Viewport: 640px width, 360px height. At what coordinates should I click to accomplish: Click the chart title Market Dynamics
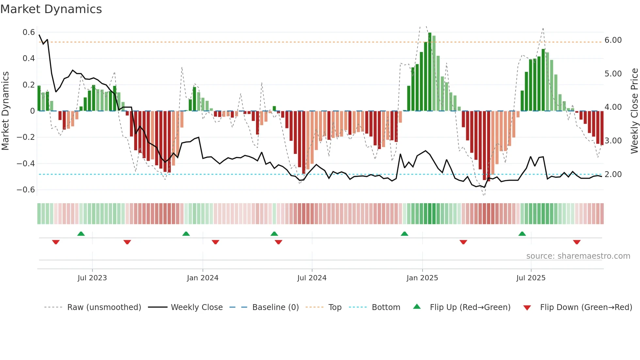[x=51, y=9]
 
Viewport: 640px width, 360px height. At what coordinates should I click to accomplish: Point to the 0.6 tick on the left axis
[x=29, y=32]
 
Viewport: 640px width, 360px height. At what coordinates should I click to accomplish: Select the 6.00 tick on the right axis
[x=613, y=40]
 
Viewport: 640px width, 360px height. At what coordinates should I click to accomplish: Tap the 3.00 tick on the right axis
[x=613, y=141]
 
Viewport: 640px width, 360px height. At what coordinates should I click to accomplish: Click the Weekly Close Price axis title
[x=634, y=111]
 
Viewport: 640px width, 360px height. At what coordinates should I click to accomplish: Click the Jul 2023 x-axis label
[x=92, y=278]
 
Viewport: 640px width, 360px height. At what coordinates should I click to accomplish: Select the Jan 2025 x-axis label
[x=422, y=278]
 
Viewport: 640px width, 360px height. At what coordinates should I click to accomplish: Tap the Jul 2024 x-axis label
[x=312, y=278]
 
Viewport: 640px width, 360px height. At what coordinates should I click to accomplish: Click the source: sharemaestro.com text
[x=578, y=256]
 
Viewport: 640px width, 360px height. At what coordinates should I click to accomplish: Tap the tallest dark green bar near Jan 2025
[x=430, y=72]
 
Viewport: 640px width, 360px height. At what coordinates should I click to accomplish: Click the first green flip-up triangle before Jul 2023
[x=81, y=234]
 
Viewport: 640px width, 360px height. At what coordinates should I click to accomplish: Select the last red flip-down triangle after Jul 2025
[x=577, y=242]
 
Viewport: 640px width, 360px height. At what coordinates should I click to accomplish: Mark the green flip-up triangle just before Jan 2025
[x=404, y=234]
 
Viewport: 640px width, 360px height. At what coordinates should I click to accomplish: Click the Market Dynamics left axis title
[x=6, y=111]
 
